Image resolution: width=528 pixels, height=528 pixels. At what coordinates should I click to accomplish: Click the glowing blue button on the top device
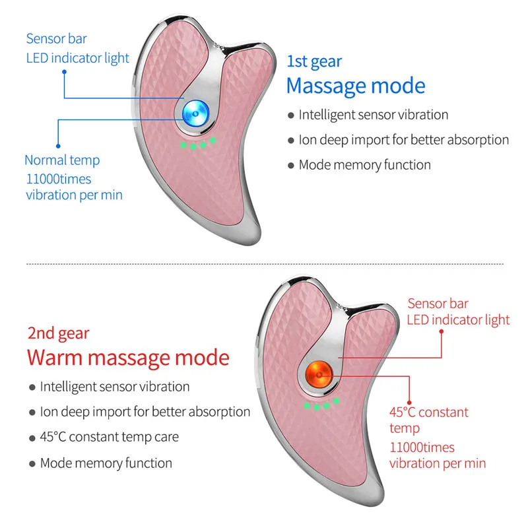(x=195, y=114)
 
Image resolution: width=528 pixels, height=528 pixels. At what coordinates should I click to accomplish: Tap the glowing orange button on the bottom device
(x=318, y=374)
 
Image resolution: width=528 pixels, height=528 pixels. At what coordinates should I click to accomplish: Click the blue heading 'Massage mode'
(x=356, y=86)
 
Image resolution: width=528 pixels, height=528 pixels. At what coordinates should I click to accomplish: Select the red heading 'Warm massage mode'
(x=128, y=358)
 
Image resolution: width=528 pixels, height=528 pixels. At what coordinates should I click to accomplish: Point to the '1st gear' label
(x=314, y=61)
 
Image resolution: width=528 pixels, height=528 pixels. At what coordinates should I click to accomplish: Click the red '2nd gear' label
(x=58, y=333)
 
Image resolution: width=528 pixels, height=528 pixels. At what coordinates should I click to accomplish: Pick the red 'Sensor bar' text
(x=438, y=304)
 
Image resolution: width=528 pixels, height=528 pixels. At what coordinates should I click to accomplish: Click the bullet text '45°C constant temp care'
(x=109, y=437)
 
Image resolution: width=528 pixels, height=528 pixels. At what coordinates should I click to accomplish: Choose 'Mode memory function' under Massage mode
(x=364, y=165)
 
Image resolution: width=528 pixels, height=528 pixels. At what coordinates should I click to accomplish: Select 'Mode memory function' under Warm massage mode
(x=106, y=463)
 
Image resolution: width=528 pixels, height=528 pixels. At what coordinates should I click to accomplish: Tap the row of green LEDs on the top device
(x=195, y=144)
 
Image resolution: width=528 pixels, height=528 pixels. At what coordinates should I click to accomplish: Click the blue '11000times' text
(x=59, y=178)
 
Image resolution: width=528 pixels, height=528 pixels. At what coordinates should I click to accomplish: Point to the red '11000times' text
(x=422, y=447)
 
